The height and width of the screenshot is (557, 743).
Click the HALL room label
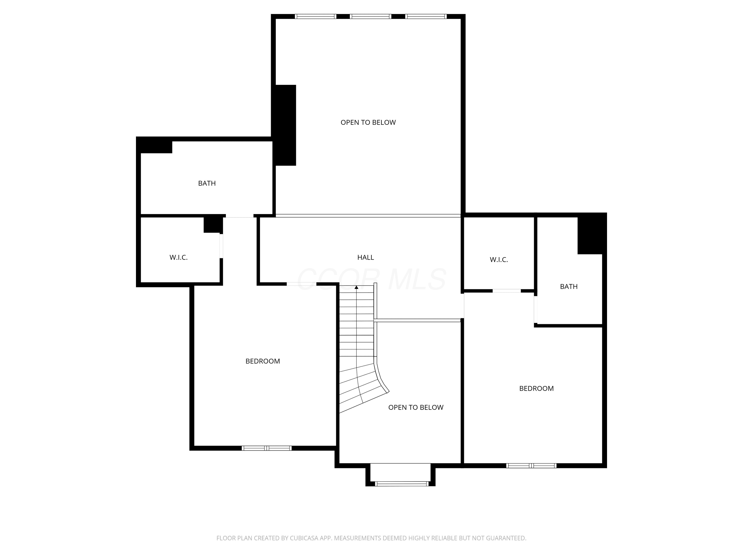pyautogui.click(x=366, y=257)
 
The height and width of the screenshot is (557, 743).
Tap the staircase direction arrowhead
pyautogui.click(x=356, y=287)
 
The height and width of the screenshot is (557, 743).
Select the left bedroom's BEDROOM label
pyautogui.click(x=263, y=361)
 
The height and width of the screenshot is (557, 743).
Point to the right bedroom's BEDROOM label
pyautogui.click(x=536, y=388)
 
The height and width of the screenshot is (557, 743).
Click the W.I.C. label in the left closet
pyautogui.click(x=178, y=257)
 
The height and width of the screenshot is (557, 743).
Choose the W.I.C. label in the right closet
pyautogui.click(x=499, y=259)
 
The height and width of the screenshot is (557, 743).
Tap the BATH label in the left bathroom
pyautogui.click(x=207, y=183)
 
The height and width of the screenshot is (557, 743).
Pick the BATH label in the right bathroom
pyautogui.click(x=569, y=286)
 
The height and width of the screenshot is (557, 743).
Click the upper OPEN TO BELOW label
pyautogui.click(x=368, y=123)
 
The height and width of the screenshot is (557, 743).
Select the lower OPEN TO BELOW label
pyautogui.click(x=416, y=407)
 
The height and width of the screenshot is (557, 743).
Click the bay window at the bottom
pyautogui.click(x=401, y=484)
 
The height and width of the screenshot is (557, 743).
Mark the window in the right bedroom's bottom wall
pyautogui.click(x=531, y=466)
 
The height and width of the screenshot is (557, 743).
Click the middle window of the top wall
pyautogui.click(x=371, y=16)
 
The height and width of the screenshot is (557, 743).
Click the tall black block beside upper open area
pyautogui.click(x=285, y=125)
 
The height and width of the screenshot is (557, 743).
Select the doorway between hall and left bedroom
pyautogui.click(x=301, y=284)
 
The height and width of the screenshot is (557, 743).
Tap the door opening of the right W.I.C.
pyautogui.click(x=506, y=291)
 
